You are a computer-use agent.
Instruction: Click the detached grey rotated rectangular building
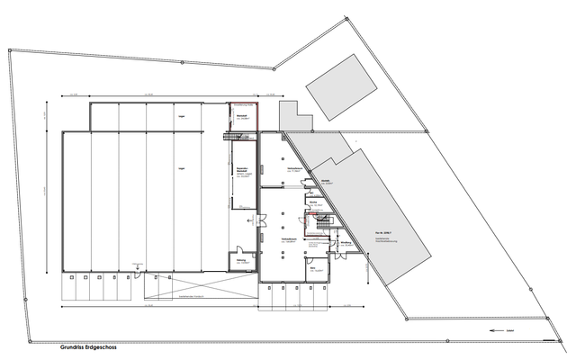point(339,83)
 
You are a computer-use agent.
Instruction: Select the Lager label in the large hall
point(182,167)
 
